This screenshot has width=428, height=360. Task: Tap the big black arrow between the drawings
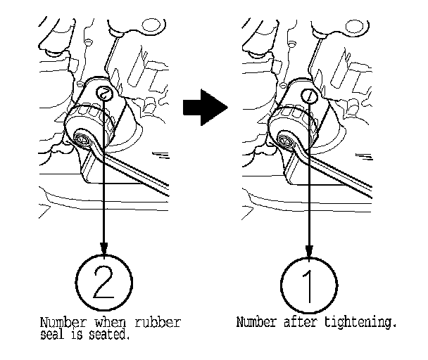[x=205, y=107]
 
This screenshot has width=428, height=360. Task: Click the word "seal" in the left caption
[x=53, y=334]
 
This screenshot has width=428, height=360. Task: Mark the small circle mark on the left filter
[x=104, y=92]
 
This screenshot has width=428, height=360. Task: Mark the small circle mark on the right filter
[x=308, y=94]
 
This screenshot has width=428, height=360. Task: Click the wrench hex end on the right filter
[x=288, y=140]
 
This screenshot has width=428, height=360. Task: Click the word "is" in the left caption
[x=82, y=334]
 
